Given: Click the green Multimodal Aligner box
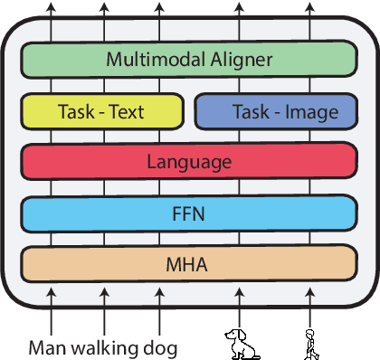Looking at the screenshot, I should click(x=189, y=61).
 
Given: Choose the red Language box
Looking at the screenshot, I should click(x=189, y=163).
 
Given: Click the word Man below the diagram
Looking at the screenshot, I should click(x=49, y=347).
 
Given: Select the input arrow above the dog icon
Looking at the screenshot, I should click(x=239, y=308).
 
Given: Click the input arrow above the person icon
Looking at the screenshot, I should click(x=310, y=308).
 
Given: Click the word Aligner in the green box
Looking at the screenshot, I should click(x=241, y=61).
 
